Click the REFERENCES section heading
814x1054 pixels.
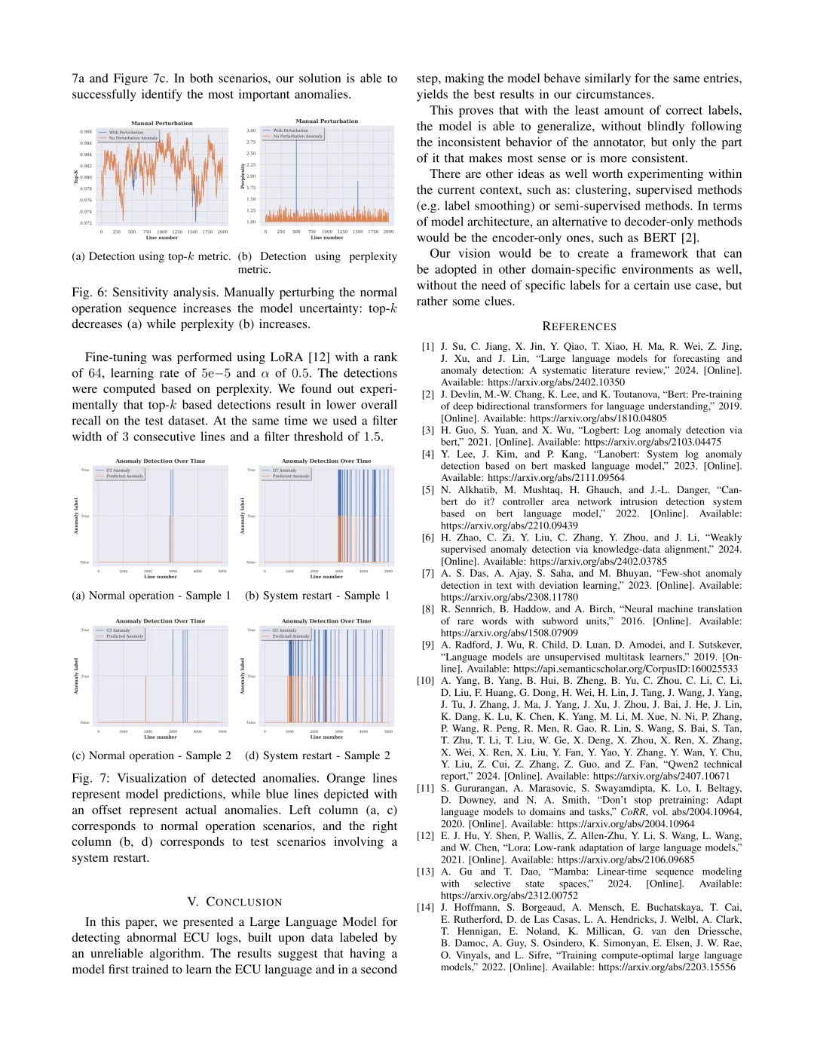(x=579, y=326)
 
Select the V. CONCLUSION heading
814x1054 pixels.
(x=234, y=902)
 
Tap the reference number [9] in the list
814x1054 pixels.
(x=427, y=645)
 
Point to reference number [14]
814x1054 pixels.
(x=426, y=907)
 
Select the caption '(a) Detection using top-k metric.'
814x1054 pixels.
(x=151, y=256)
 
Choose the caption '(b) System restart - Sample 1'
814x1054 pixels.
(x=317, y=596)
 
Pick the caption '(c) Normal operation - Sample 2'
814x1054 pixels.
(x=151, y=755)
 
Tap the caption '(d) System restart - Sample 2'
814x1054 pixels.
(x=317, y=755)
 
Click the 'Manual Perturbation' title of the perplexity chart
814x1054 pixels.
(x=327, y=121)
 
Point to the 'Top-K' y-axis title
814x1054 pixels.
(x=76, y=176)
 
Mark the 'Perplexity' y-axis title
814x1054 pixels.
(x=243, y=176)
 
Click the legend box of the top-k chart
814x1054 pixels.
(x=128, y=135)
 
